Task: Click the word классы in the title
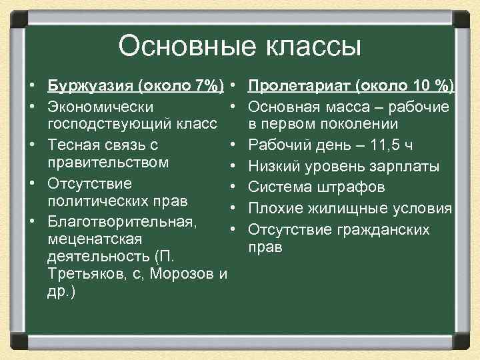(309, 47)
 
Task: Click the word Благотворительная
(122, 220)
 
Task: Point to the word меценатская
(91, 239)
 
